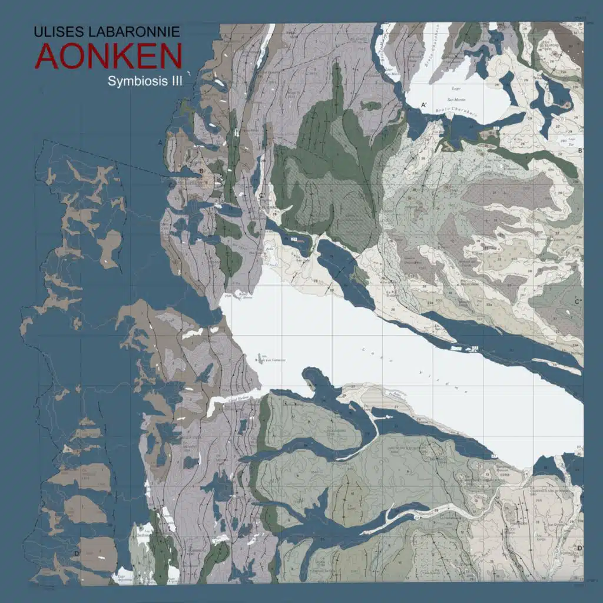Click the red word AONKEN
(108, 56)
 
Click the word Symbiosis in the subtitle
(133, 81)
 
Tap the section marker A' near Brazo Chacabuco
(423, 105)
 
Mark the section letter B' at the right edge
(581, 151)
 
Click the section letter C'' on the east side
(578, 302)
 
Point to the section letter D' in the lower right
(579, 548)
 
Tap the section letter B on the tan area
(201, 171)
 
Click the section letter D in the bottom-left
(77, 552)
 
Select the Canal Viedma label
(233, 398)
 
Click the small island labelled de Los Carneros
(260, 357)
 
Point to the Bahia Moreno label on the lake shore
(243, 294)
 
